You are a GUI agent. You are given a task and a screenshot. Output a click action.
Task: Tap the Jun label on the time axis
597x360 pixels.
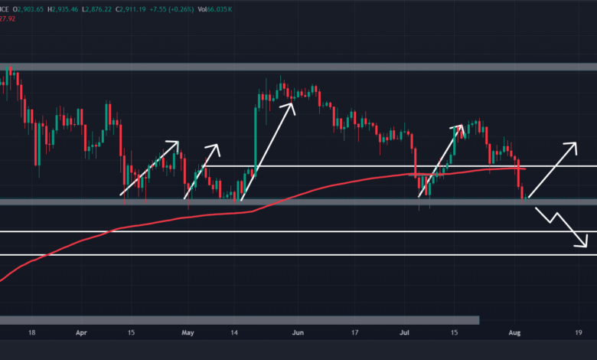298,334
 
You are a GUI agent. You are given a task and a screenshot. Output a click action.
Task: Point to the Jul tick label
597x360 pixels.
404,334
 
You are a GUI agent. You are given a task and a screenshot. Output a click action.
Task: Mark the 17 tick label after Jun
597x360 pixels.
354,334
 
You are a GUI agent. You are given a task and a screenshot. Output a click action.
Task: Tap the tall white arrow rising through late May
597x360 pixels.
268,149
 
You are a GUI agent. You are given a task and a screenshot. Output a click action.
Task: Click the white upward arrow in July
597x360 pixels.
441,161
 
